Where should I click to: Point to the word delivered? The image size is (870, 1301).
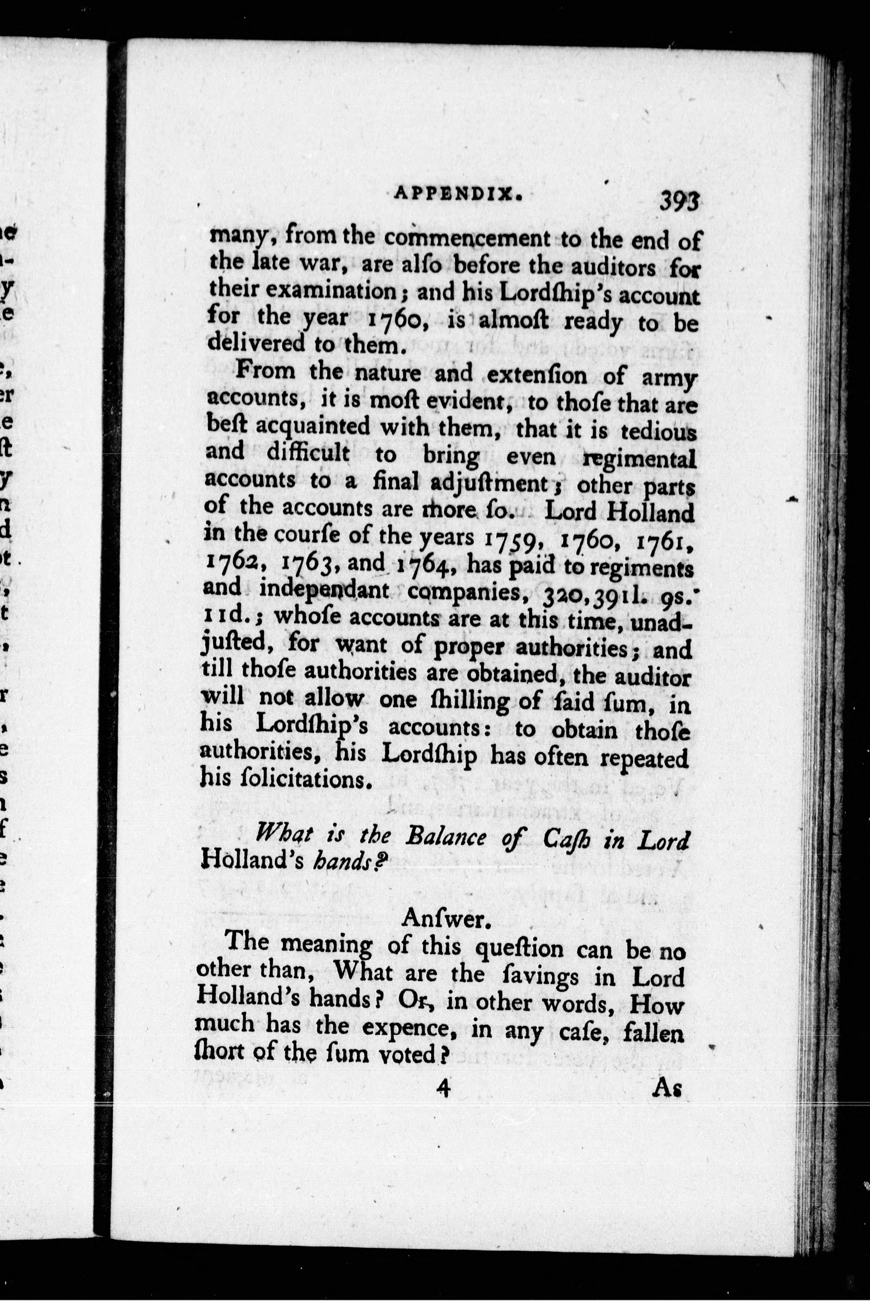[256, 344]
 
